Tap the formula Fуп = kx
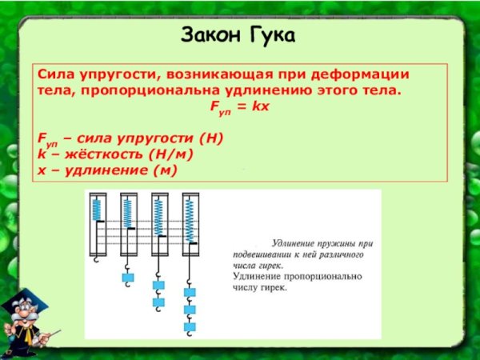pos(239,106)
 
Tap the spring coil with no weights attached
pos(97,210)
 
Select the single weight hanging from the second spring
pos(127,277)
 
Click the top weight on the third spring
pos(158,285)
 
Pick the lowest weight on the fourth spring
pos(190,326)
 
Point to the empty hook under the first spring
pos(96,258)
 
